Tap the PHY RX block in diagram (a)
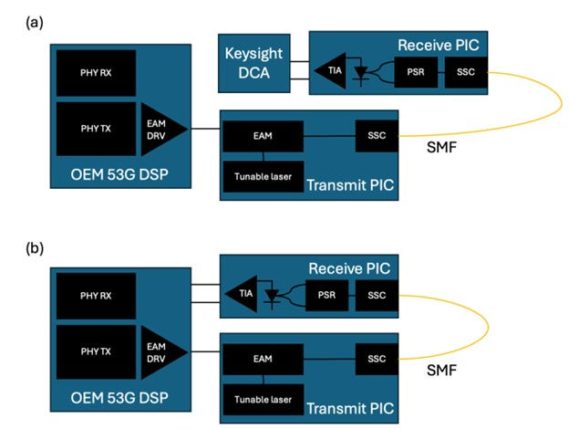pos(96,72)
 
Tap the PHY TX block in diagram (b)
pos(96,353)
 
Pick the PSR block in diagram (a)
pos(415,70)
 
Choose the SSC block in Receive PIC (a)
pos(466,70)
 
